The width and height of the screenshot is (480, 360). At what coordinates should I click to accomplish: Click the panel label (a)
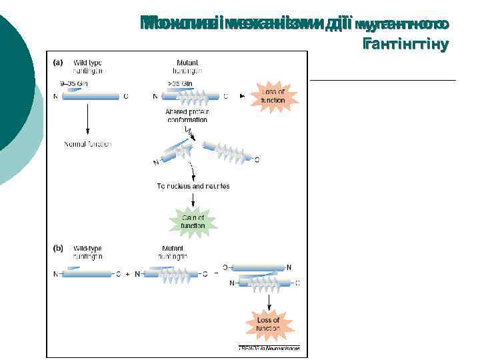(x=58, y=63)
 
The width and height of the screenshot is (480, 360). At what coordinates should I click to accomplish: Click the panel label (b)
(x=58, y=249)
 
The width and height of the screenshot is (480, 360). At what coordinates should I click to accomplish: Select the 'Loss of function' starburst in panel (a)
(x=273, y=96)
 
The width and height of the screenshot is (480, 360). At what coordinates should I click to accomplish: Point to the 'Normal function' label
(x=87, y=143)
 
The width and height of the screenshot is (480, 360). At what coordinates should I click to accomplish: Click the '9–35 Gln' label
(x=74, y=83)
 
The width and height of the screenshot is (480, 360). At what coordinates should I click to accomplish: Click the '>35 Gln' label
(x=181, y=83)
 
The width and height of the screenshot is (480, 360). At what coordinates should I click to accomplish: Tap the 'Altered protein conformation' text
(x=187, y=115)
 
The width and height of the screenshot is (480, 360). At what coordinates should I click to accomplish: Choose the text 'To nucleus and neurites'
(x=193, y=186)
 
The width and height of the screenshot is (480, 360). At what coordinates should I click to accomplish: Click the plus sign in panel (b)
(x=127, y=273)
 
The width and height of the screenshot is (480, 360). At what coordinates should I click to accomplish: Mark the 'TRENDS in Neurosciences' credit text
(x=269, y=348)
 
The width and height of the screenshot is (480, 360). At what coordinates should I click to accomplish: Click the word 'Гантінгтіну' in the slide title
(x=406, y=45)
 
